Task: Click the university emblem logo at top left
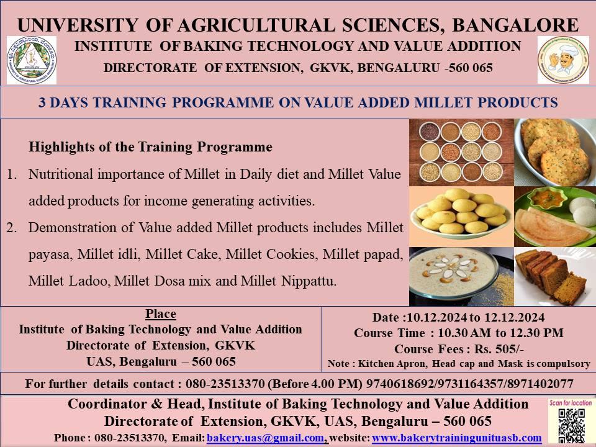tap(32, 60)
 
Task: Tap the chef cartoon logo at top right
tap(563, 60)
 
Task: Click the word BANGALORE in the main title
tap(515, 25)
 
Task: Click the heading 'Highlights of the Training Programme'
tap(150, 147)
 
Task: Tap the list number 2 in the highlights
tap(11, 228)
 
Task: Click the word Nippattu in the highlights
tap(309, 281)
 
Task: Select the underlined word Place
tap(160, 314)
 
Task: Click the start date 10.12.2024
tap(436, 317)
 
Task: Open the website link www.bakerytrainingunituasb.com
tap(456, 438)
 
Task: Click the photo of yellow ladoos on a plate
tap(461, 217)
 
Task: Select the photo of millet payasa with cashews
tap(461, 277)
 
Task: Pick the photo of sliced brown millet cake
tap(555, 277)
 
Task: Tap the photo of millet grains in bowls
tap(461, 153)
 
